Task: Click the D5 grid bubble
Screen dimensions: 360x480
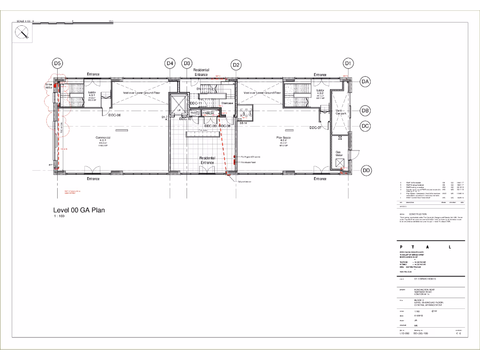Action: click(57, 63)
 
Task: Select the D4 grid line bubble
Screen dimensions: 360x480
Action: click(170, 63)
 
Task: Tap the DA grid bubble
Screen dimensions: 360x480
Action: click(366, 82)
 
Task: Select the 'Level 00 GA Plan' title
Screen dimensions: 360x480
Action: click(79, 210)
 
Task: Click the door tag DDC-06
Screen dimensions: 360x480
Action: click(115, 115)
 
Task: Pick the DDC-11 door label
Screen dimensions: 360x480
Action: click(196, 103)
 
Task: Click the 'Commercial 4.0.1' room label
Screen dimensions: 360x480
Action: click(103, 140)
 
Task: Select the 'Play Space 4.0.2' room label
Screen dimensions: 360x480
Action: click(283, 139)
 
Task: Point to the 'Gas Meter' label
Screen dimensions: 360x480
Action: click(338, 153)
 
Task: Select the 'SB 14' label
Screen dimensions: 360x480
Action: click(243, 123)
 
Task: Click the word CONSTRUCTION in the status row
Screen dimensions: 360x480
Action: click(418, 214)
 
